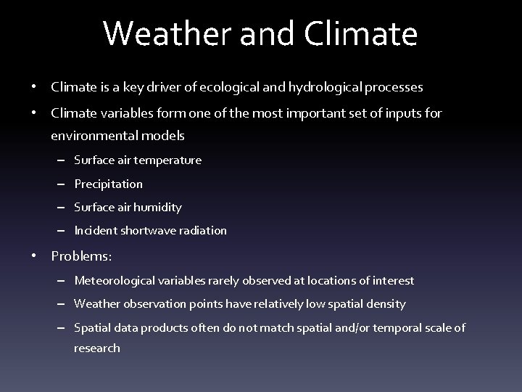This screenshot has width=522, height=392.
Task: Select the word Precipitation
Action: [x=109, y=184]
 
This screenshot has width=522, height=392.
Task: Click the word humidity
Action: [x=158, y=208]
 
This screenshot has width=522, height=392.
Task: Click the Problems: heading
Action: [x=81, y=256]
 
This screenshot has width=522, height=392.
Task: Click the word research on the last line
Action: [x=97, y=348]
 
